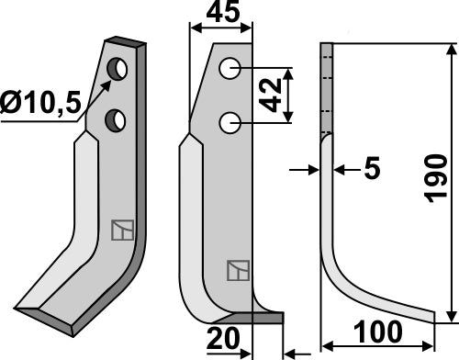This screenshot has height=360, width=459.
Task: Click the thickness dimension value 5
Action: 371,169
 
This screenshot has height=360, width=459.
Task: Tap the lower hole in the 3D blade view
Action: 116,117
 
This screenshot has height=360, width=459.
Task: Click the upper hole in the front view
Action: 230,69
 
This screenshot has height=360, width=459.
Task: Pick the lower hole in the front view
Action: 230,122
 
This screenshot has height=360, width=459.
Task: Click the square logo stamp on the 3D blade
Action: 121,230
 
